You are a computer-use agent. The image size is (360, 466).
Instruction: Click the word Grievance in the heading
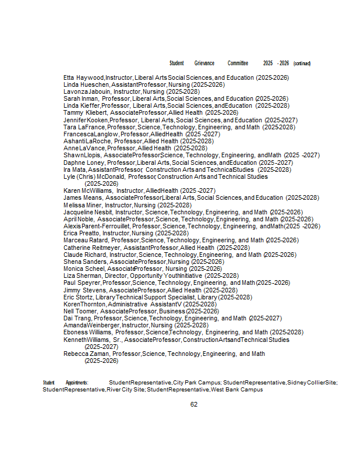204,63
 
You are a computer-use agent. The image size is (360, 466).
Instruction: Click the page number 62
194,404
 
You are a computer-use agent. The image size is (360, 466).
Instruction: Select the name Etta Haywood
84,78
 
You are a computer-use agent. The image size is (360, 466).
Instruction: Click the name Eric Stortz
78,297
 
